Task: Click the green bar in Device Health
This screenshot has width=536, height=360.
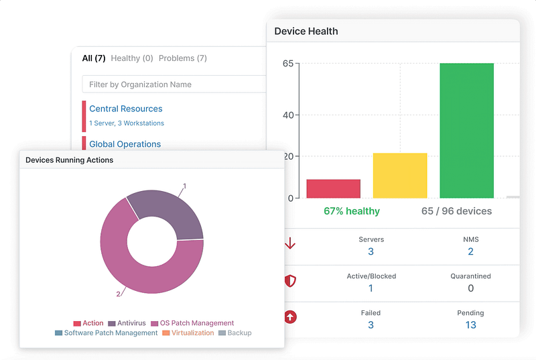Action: [x=466, y=131]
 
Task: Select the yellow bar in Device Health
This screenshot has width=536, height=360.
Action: [x=399, y=176]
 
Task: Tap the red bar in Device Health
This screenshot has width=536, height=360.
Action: [x=333, y=188]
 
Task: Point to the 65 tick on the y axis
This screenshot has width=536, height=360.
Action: [x=288, y=64]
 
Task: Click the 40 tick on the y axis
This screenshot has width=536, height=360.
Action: [x=288, y=115]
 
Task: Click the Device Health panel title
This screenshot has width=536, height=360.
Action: [x=306, y=32]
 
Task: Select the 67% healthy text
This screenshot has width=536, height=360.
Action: [x=351, y=211]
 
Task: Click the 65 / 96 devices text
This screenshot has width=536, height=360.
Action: [x=456, y=211]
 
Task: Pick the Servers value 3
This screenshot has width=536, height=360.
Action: [x=371, y=251]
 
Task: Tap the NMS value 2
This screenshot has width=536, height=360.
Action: [x=470, y=251]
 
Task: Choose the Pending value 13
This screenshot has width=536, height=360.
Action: [x=470, y=324]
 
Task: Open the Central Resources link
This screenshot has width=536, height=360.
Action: [x=126, y=109]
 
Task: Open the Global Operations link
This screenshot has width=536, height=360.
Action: [x=125, y=144]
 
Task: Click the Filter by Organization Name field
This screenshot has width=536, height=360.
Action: [x=174, y=84]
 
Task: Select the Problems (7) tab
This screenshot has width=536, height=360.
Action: [x=183, y=58]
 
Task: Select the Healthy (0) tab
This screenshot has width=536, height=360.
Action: [x=132, y=58]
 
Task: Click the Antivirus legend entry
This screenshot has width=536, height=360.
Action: [x=127, y=323]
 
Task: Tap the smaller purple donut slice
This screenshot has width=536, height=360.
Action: [x=172, y=213]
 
